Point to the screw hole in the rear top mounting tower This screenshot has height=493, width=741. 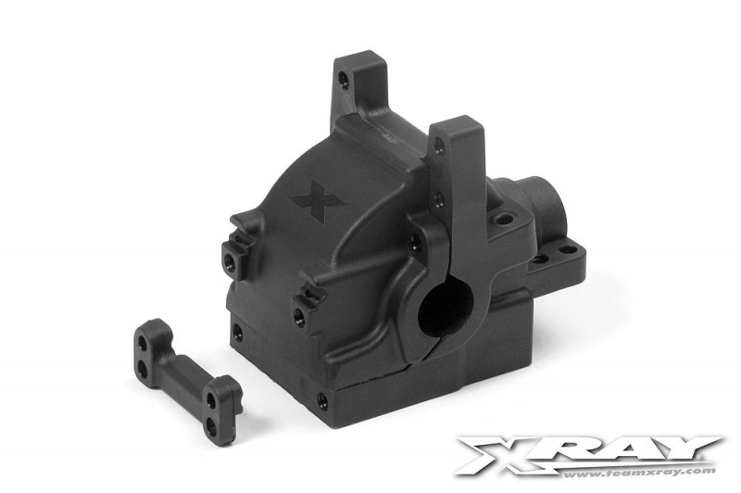tap(345, 81)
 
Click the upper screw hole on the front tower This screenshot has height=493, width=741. tap(440, 145)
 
